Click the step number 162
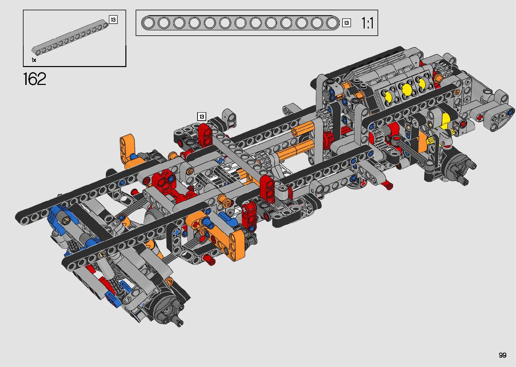[x=35, y=79]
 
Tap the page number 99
[x=503, y=355]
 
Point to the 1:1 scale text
[x=367, y=23]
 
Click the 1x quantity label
[x=34, y=60]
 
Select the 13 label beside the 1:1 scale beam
[x=346, y=23]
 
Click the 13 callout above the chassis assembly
[x=202, y=117]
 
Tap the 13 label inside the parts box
[x=113, y=20]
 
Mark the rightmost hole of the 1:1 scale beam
[x=332, y=23]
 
